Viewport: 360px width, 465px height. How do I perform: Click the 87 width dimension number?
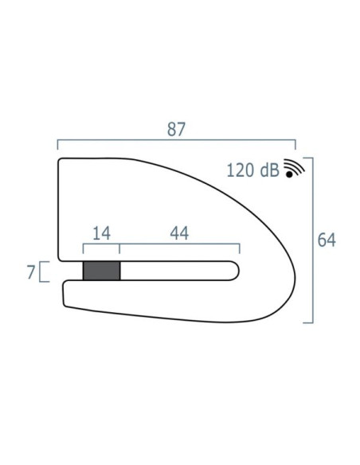coord(176,129)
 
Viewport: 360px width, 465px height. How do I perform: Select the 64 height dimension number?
coord(327,240)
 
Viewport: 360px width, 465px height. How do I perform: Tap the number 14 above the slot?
coord(102,233)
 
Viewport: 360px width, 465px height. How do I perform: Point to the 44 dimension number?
coord(179,233)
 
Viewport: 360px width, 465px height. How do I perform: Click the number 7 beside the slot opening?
coord(31,272)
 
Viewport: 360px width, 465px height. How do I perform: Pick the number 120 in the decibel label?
coord(241,170)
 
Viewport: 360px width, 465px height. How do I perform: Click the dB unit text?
coord(269,170)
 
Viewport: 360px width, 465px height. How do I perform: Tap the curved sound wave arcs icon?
coord(294,166)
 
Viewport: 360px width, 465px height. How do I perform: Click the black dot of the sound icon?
coord(289,174)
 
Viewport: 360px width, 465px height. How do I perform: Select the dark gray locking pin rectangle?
coord(102,271)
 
